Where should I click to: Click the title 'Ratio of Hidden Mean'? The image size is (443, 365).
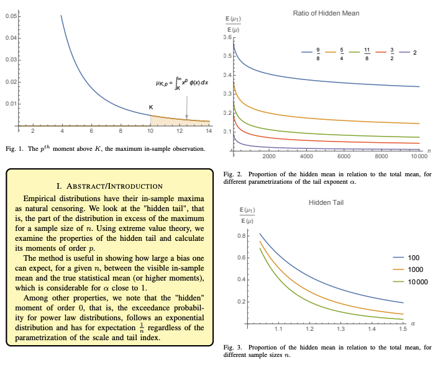(x=326, y=13)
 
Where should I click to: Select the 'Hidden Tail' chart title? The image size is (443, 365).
(x=326, y=203)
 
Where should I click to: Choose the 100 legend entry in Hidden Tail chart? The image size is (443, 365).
(x=414, y=256)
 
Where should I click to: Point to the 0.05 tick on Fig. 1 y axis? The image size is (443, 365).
(x=11, y=16)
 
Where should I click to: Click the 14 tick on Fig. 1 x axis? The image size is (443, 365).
(x=209, y=132)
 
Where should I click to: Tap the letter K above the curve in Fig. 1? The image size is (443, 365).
(x=150, y=107)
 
